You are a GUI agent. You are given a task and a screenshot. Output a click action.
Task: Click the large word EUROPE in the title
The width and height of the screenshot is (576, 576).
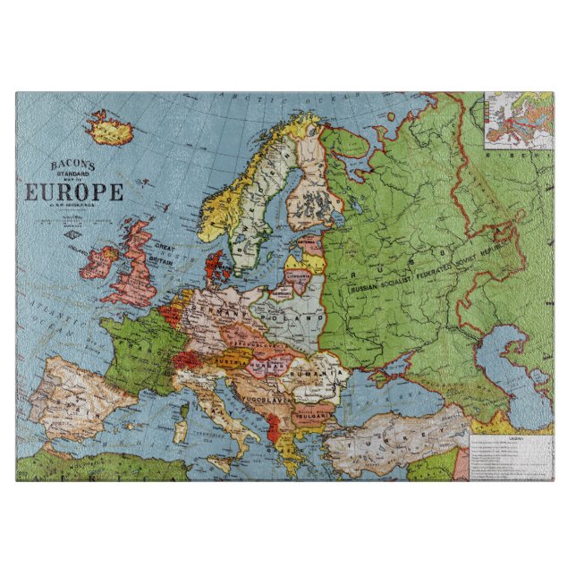pyautogui.click(x=73, y=192)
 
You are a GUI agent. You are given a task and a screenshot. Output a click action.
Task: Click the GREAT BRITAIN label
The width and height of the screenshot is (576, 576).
pyautogui.click(x=167, y=256)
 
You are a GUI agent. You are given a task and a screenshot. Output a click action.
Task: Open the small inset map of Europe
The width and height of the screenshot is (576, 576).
pyautogui.click(x=518, y=121)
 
